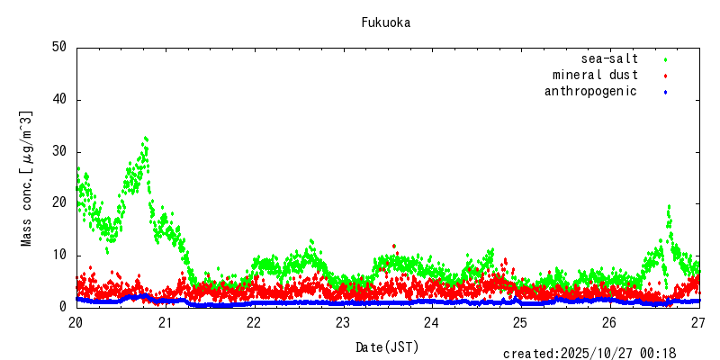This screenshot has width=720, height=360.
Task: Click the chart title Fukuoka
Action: click(x=386, y=22)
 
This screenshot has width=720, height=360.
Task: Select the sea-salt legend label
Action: click(x=609, y=59)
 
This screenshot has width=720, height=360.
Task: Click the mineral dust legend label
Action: click(x=595, y=76)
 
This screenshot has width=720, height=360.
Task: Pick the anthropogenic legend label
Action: click(x=590, y=91)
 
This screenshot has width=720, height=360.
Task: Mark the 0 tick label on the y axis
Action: click(x=64, y=307)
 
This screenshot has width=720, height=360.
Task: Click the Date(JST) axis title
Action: click(x=387, y=346)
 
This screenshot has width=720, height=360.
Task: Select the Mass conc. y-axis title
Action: click(x=27, y=178)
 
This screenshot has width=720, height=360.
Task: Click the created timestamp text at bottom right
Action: click(x=589, y=354)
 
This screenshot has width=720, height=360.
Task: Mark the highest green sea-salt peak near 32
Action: click(x=146, y=139)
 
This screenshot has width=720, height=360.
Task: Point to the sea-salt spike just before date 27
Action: click(x=669, y=208)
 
